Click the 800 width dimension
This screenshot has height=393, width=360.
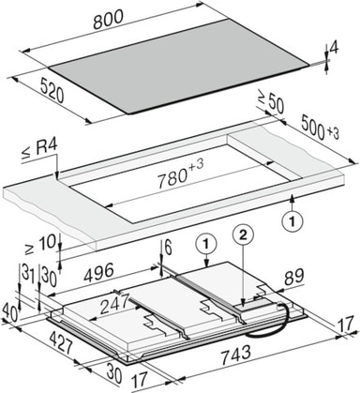(109, 20)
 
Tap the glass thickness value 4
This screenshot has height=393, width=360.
(334, 48)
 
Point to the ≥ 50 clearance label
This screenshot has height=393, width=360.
(271, 101)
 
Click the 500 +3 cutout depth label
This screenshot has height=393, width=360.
(320, 128)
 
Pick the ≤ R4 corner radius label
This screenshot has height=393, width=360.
(39, 151)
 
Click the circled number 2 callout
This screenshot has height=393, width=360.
(244, 234)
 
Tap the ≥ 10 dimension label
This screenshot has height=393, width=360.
(40, 245)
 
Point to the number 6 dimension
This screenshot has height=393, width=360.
(168, 249)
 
